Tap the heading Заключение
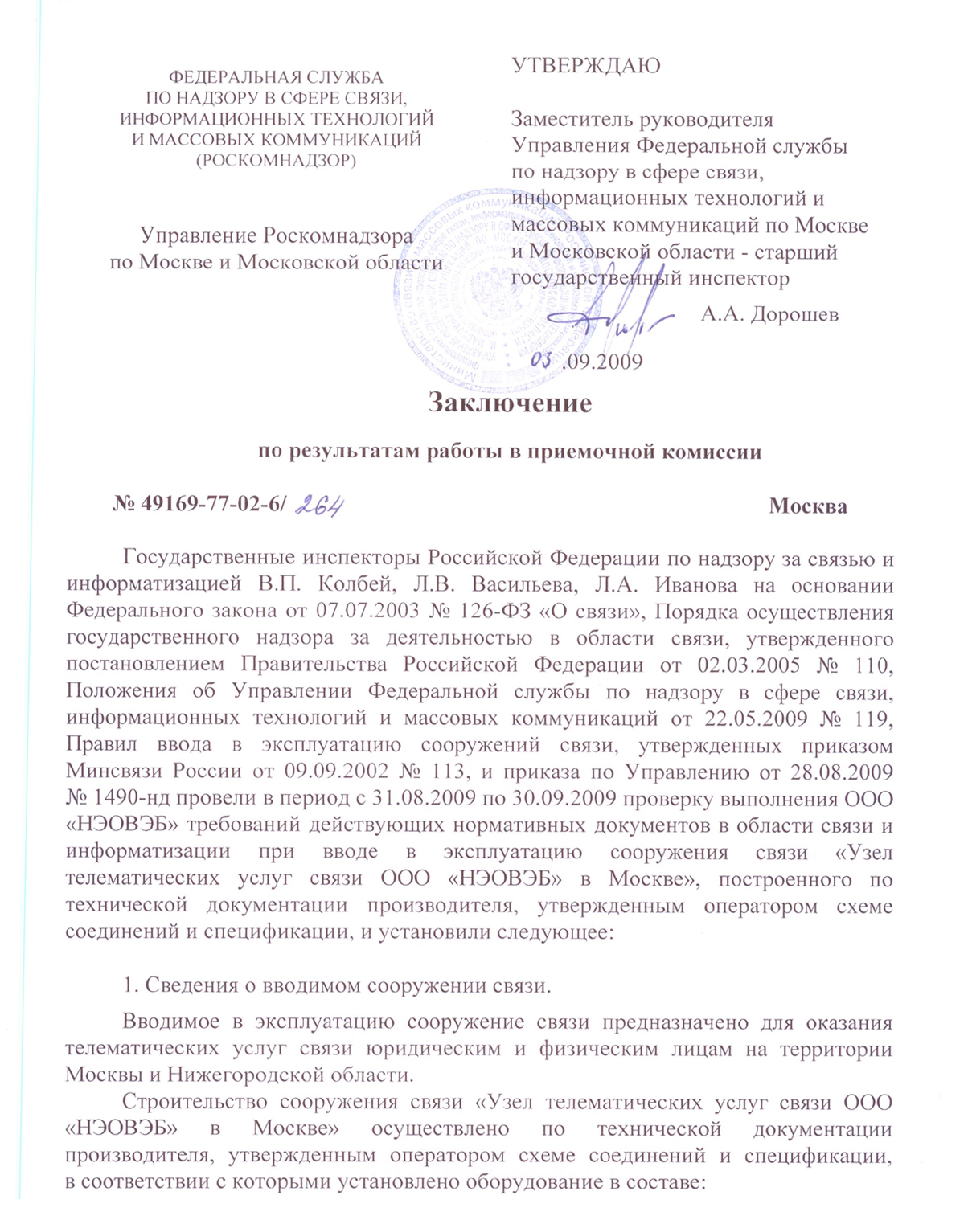[x=510, y=402]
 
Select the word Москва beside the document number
[x=807, y=506]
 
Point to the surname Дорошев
[x=794, y=314]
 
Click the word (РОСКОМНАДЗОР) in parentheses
[x=276, y=160]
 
